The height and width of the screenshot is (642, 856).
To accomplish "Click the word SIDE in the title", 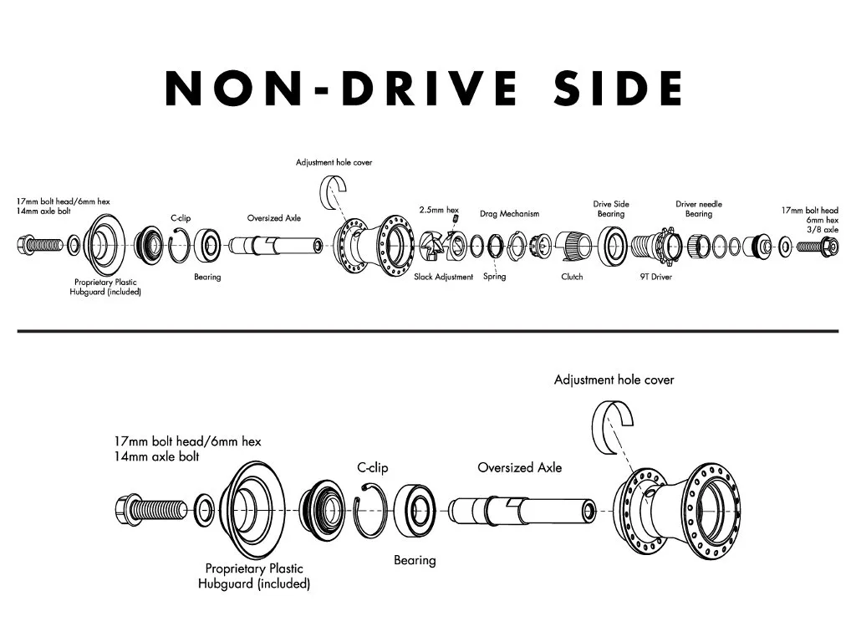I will [619, 88].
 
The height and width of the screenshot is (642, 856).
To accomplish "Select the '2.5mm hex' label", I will [439, 209].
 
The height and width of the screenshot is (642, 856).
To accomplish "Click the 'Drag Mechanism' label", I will [509, 214].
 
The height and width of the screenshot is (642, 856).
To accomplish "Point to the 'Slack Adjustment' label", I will [444, 277].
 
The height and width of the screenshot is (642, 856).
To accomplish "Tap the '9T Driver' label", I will [655, 277].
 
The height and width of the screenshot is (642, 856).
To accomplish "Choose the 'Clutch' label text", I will [572, 277].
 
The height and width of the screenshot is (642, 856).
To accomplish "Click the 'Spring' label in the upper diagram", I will [494, 277].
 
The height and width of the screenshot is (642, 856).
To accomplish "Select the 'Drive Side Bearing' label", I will [610, 209].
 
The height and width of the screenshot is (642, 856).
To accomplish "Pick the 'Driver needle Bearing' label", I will [699, 209].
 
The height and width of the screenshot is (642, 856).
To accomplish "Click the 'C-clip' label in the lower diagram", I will [373, 468].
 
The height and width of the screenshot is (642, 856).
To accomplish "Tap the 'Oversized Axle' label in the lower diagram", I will [519, 467].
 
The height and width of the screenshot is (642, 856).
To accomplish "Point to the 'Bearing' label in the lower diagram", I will [415, 560].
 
